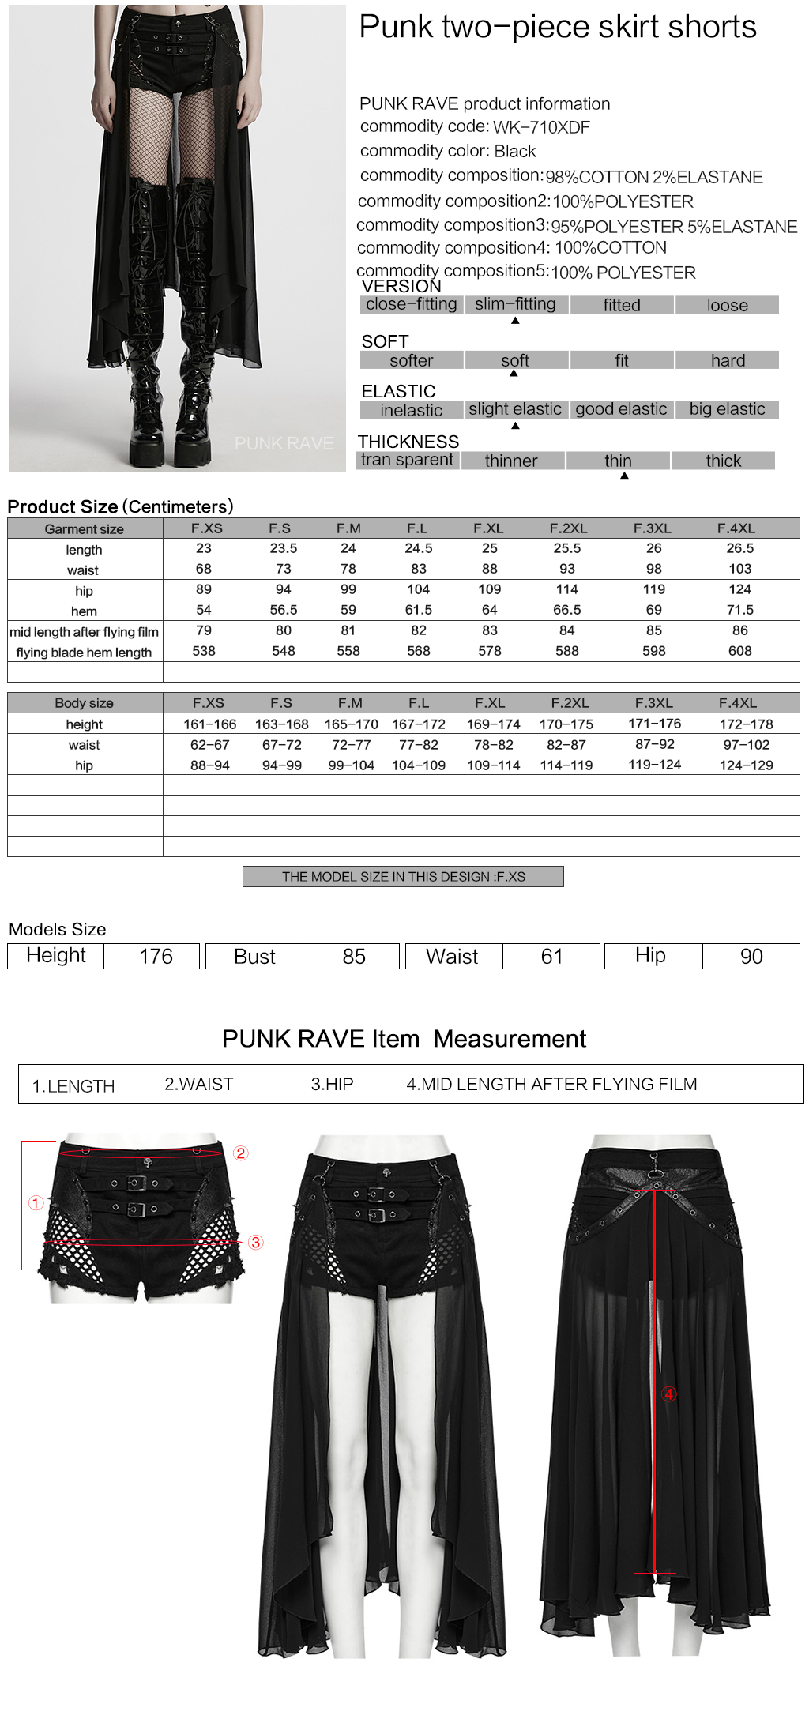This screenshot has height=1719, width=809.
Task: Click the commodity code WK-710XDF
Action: [541, 127]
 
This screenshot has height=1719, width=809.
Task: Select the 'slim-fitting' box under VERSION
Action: [515, 304]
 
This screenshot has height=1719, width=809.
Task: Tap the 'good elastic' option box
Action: [621, 409]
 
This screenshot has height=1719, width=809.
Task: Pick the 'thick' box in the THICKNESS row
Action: [723, 461]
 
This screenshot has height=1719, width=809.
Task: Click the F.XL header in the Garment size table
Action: [488, 528]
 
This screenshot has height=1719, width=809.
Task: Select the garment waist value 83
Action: [418, 569]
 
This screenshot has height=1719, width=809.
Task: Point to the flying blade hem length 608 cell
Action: [739, 651]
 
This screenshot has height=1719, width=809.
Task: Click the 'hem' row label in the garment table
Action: [84, 611]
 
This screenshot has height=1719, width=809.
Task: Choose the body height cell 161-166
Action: [209, 724]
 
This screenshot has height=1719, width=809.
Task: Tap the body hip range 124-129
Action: [746, 765]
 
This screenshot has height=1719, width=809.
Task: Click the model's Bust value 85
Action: [353, 957]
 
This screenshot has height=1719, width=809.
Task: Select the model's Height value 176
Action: [156, 957]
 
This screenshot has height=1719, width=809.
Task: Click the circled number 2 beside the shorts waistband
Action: [241, 1153]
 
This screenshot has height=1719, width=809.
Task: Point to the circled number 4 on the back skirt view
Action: [669, 1394]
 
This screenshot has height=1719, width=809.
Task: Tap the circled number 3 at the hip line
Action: [255, 1243]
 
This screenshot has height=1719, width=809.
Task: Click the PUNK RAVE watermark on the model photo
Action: [284, 443]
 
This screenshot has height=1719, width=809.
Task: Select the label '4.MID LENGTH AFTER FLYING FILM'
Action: [551, 1085]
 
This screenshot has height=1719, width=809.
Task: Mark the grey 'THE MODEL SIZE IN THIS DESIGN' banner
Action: [403, 877]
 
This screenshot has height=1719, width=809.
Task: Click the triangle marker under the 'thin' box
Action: [624, 476]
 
